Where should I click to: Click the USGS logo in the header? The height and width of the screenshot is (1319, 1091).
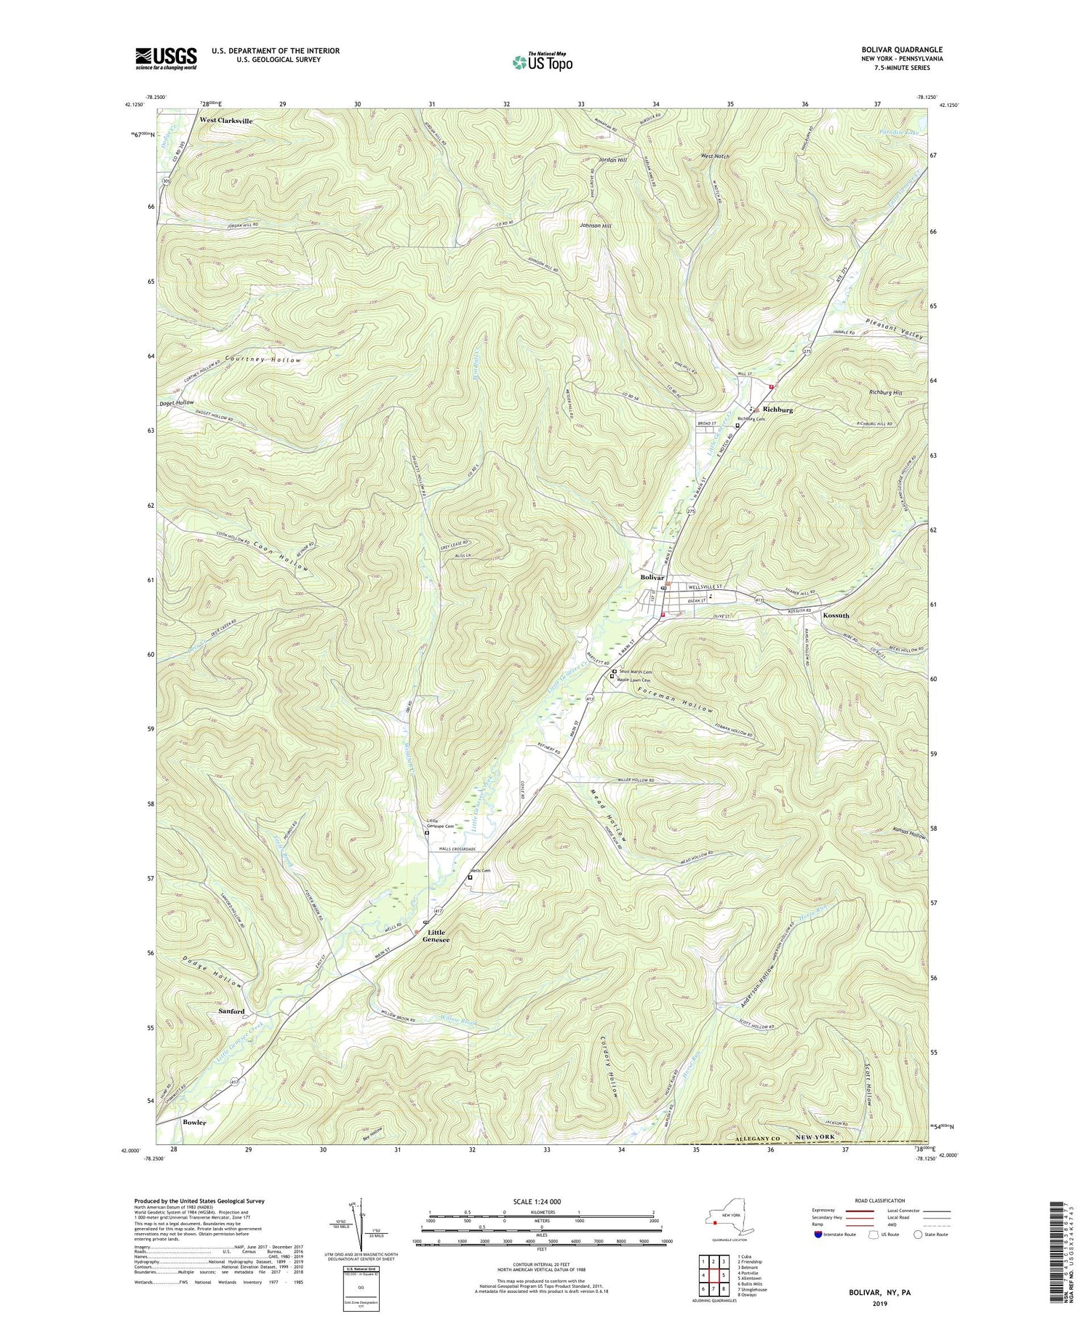[x=166, y=58]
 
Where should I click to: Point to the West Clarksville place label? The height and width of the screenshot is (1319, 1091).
[x=226, y=120]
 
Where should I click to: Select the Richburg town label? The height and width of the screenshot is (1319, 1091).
[x=778, y=410]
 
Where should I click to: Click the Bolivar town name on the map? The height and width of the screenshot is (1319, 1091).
[x=653, y=577]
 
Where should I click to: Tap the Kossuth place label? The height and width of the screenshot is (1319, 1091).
[x=836, y=615]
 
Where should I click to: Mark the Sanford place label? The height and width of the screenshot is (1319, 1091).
[x=231, y=1011]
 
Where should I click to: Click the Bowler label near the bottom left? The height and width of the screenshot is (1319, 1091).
[x=194, y=1122]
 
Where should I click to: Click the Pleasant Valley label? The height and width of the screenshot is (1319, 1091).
[x=895, y=331]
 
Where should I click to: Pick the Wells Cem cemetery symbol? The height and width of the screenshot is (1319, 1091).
[x=470, y=877]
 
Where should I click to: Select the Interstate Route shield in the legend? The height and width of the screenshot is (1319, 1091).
[x=818, y=1235]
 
